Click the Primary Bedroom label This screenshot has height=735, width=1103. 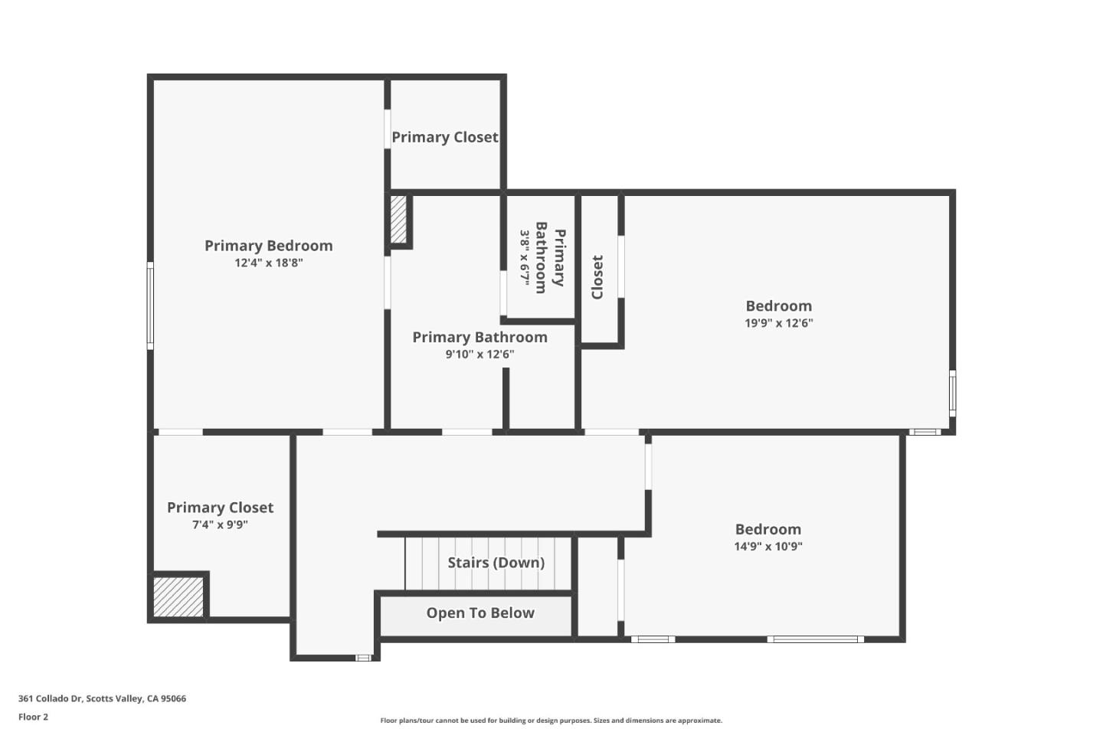click(268, 246)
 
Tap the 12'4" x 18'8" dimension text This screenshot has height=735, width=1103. click(268, 263)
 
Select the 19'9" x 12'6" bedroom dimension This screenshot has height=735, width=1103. click(778, 323)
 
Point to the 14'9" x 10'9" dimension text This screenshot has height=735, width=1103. click(768, 547)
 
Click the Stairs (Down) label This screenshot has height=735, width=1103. click(496, 563)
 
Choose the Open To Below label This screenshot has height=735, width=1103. click(480, 613)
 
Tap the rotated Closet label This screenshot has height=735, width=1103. click(597, 277)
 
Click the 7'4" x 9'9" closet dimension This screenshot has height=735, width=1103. click(220, 525)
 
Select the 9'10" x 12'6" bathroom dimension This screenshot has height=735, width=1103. click(479, 354)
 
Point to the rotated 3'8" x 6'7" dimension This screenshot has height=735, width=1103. click(525, 258)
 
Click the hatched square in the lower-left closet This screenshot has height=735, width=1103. click(178, 596)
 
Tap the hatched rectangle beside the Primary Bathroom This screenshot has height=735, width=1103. click(398, 220)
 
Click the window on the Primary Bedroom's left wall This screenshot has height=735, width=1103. click(150, 305)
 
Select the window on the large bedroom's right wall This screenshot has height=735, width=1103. click(953, 393)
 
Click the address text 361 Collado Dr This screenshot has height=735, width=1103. click(102, 698)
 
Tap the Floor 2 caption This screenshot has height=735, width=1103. click(33, 717)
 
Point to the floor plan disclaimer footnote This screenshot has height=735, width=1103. click(551, 720)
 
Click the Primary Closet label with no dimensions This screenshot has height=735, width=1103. click(444, 138)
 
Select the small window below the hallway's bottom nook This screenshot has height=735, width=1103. click(363, 658)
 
